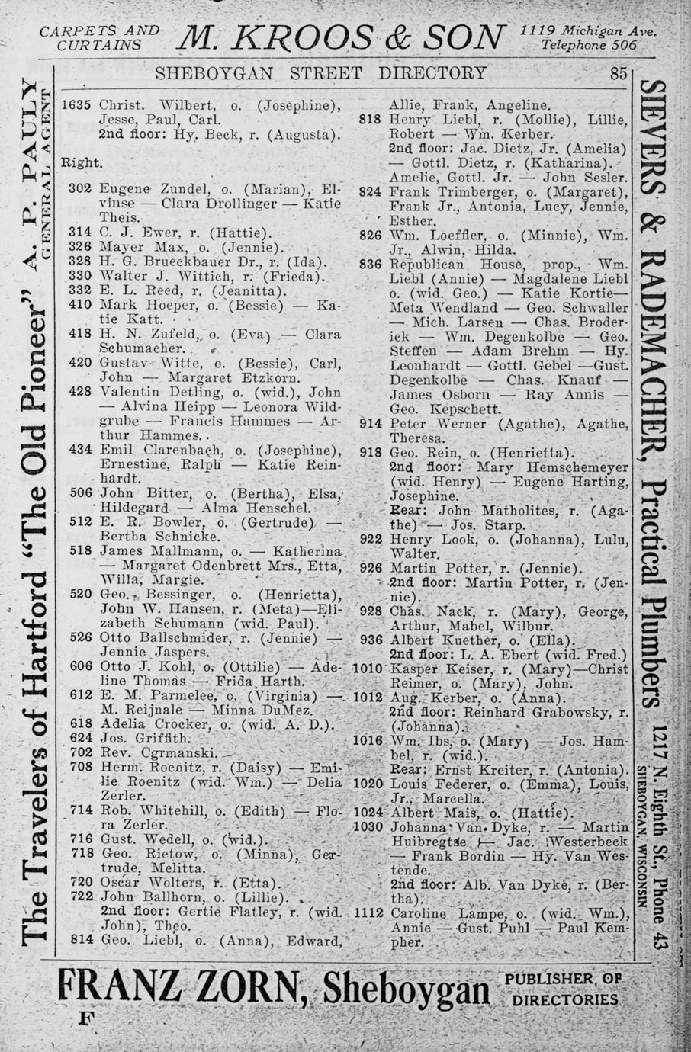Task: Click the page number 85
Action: [x=618, y=74]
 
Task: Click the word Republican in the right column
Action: [x=426, y=265]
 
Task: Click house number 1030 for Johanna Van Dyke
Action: [x=368, y=828]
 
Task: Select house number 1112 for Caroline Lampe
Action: [x=368, y=914]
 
